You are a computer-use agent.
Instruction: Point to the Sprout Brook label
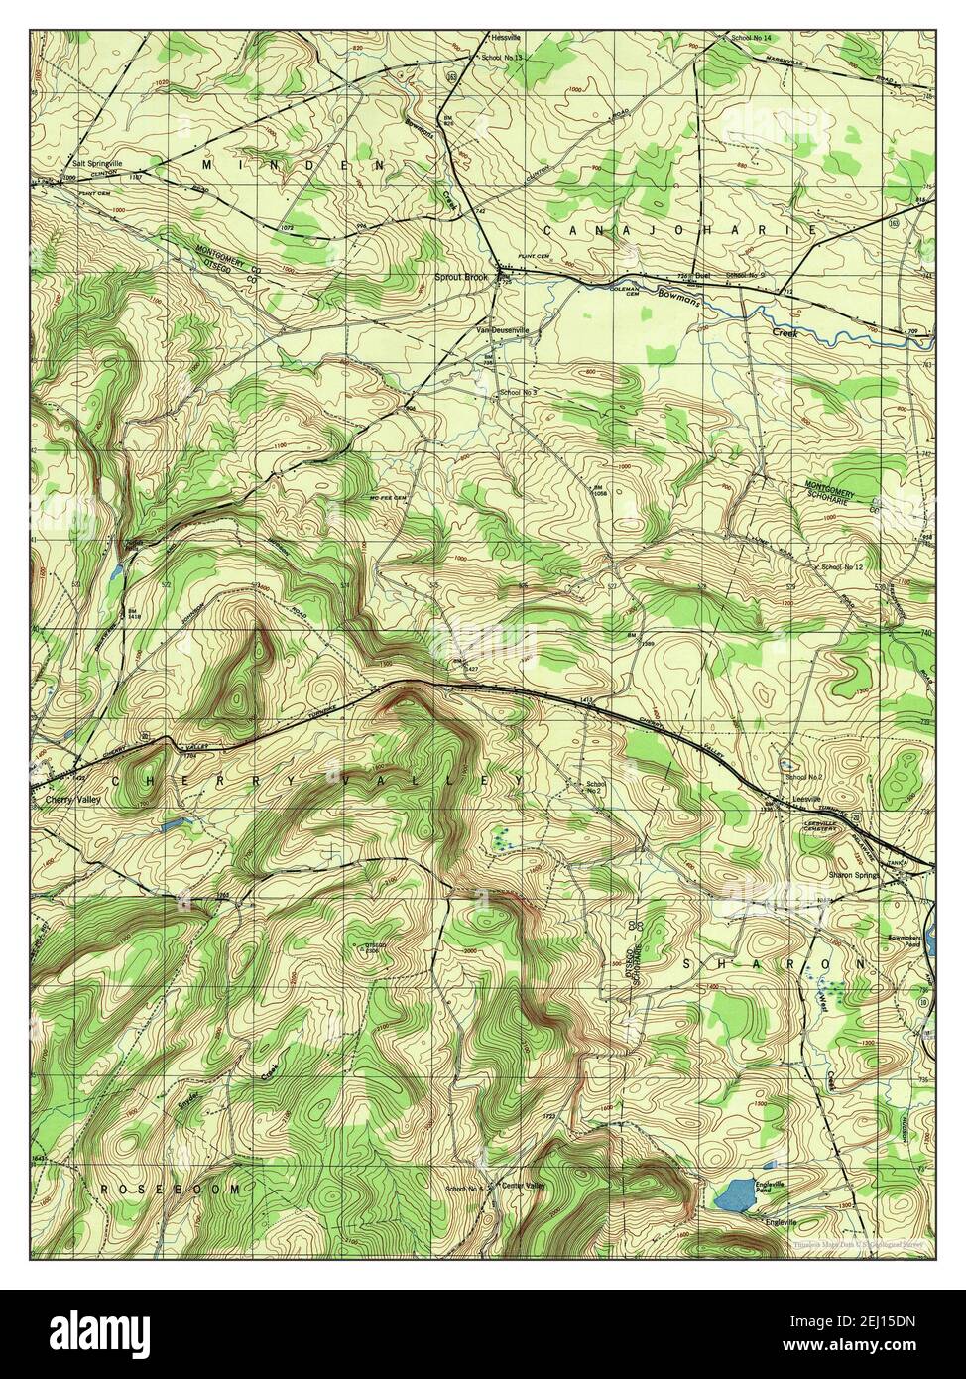tap(461, 278)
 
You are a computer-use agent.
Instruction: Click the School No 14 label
tap(752, 37)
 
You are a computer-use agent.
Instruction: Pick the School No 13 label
tap(501, 58)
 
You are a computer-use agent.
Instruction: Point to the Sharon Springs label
tap(858, 876)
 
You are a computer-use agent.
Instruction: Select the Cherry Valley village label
tap(66, 797)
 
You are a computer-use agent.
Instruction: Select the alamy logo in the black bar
tap(99, 1334)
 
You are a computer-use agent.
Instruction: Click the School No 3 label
tap(518, 393)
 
